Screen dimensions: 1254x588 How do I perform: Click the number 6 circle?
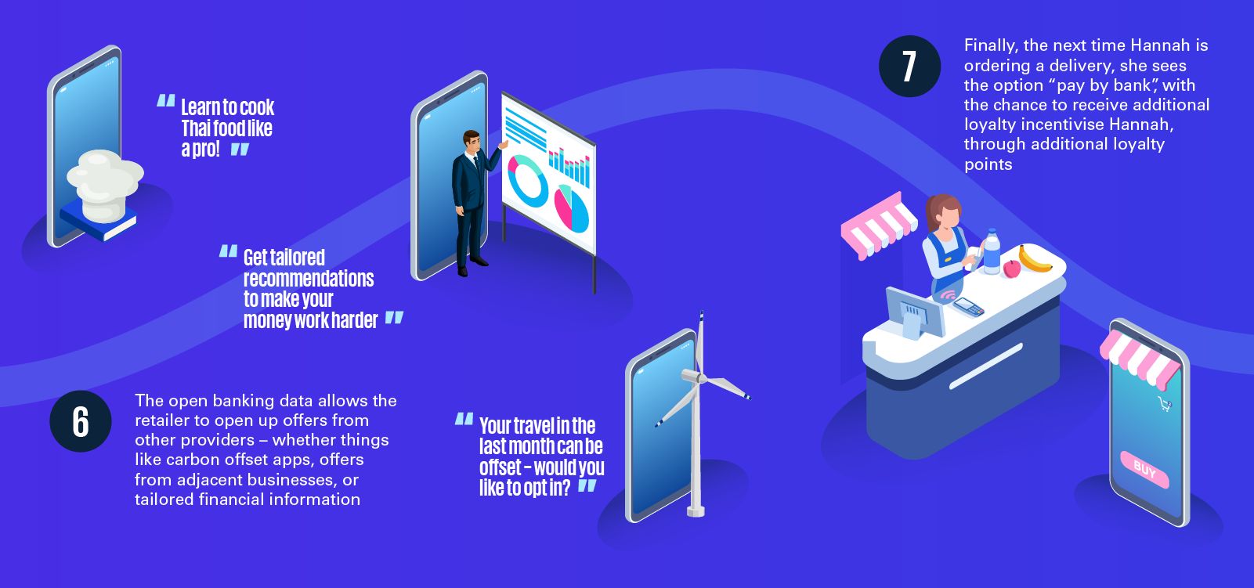81,421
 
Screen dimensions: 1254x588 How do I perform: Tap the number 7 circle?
909,66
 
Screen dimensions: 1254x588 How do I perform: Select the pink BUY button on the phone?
1144,470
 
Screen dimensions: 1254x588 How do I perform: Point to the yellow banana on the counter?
1034,260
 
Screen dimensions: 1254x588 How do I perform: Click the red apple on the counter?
1012,269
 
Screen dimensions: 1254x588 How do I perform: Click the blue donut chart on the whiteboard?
527,181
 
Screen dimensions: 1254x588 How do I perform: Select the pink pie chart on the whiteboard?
571,209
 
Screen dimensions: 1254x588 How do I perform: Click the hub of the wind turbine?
699,378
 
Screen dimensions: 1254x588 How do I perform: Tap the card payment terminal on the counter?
968,307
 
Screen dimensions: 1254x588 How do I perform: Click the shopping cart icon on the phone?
1165,403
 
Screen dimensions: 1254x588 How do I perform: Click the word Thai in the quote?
195,128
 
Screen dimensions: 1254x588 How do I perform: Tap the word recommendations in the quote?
309,278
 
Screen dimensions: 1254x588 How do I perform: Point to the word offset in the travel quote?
500,467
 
